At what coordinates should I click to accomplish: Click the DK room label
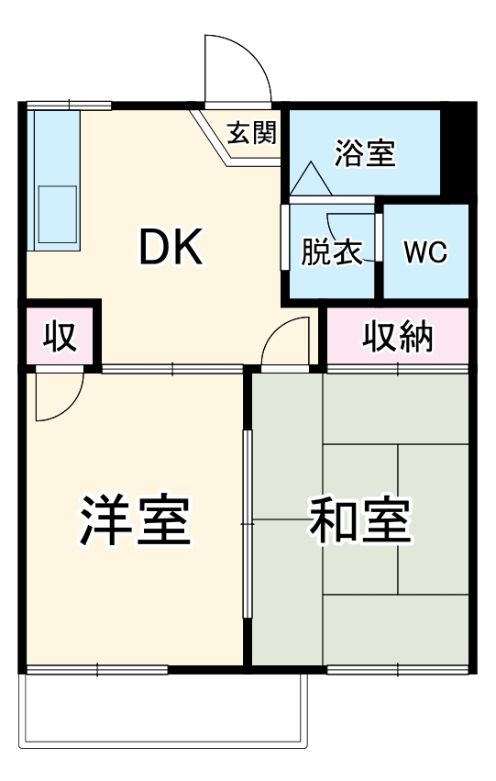point(171,247)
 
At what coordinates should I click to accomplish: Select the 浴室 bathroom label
point(365,152)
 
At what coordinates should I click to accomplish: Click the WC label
point(426,251)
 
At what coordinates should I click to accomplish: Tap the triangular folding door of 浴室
point(312,178)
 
